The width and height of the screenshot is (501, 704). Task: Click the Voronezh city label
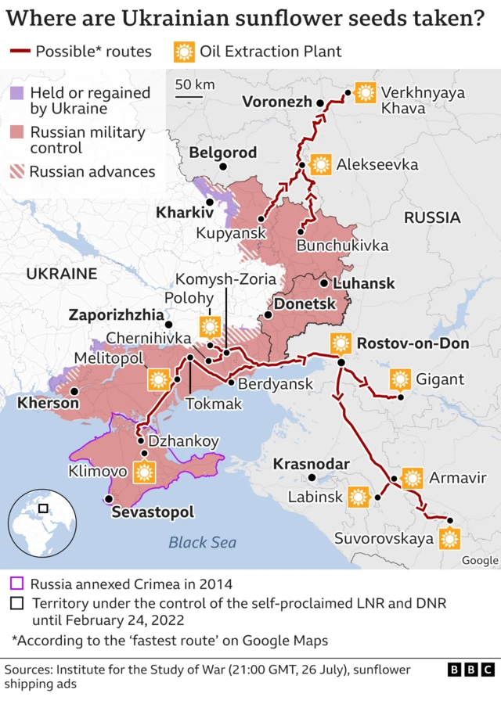276,102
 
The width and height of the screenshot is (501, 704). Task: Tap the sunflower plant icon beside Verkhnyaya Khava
364,93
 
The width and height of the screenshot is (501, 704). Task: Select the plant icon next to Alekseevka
320,165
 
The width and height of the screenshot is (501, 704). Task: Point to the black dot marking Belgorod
224,167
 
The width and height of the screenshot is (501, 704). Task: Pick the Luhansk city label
364,283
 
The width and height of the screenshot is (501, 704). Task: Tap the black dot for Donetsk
268,315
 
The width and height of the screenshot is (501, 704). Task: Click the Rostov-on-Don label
413,343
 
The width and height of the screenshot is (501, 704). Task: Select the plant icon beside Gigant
400,380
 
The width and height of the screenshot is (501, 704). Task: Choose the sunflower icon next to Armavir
413,478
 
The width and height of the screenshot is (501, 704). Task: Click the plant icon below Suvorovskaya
449,538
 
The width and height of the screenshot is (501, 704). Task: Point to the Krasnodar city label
311,464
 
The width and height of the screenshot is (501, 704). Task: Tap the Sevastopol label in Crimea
153,513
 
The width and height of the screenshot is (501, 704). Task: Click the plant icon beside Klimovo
142,472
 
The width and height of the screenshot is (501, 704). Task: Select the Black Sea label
202,542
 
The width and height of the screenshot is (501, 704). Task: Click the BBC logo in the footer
470,670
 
